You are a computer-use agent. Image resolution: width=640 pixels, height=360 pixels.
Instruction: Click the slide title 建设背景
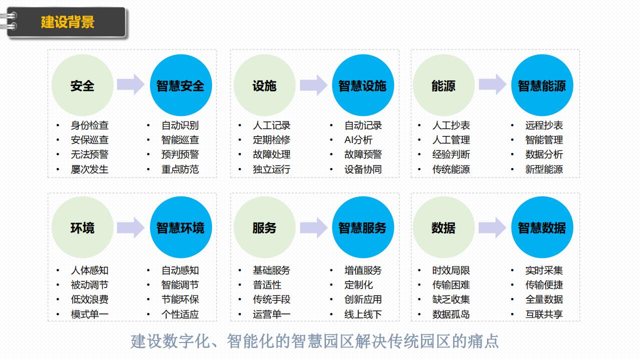[x=67, y=22]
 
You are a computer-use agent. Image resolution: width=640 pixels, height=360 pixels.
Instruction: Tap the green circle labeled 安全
[x=82, y=85]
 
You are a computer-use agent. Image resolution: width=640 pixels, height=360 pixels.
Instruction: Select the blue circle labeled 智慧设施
[x=362, y=85]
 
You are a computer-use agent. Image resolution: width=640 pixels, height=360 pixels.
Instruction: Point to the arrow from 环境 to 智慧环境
[x=130, y=227]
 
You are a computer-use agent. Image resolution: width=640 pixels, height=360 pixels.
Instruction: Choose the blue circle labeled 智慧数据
[x=541, y=228]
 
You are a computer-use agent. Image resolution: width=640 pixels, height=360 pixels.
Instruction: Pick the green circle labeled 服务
[x=264, y=228]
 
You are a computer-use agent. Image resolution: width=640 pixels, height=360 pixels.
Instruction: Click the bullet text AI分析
[x=358, y=140]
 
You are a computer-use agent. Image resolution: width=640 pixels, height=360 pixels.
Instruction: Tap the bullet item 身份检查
[x=89, y=125]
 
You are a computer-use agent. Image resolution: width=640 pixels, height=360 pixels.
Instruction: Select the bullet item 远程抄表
[x=543, y=125]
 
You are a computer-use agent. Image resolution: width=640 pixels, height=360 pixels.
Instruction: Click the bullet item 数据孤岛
[x=451, y=314]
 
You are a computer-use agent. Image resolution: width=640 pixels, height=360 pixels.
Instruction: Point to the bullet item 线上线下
[x=362, y=314]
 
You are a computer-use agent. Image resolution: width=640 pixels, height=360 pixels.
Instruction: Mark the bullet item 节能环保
[x=180, y=299]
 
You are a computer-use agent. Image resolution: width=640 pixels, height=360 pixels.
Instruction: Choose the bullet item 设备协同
[x=362, y=169]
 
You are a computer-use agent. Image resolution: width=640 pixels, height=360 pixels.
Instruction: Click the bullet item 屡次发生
[x=89, y=169]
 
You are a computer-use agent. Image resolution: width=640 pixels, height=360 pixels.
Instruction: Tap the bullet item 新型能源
[x=543, y=169]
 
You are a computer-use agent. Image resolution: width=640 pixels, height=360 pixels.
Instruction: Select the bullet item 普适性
[x=267, y=285]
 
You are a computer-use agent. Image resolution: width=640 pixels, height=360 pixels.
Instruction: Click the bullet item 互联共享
[x=543, y=314]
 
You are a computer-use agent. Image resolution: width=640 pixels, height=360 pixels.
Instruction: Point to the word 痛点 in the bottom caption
[x=484, y=341]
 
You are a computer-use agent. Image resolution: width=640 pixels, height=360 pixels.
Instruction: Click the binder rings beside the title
[x=11, y=21]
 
